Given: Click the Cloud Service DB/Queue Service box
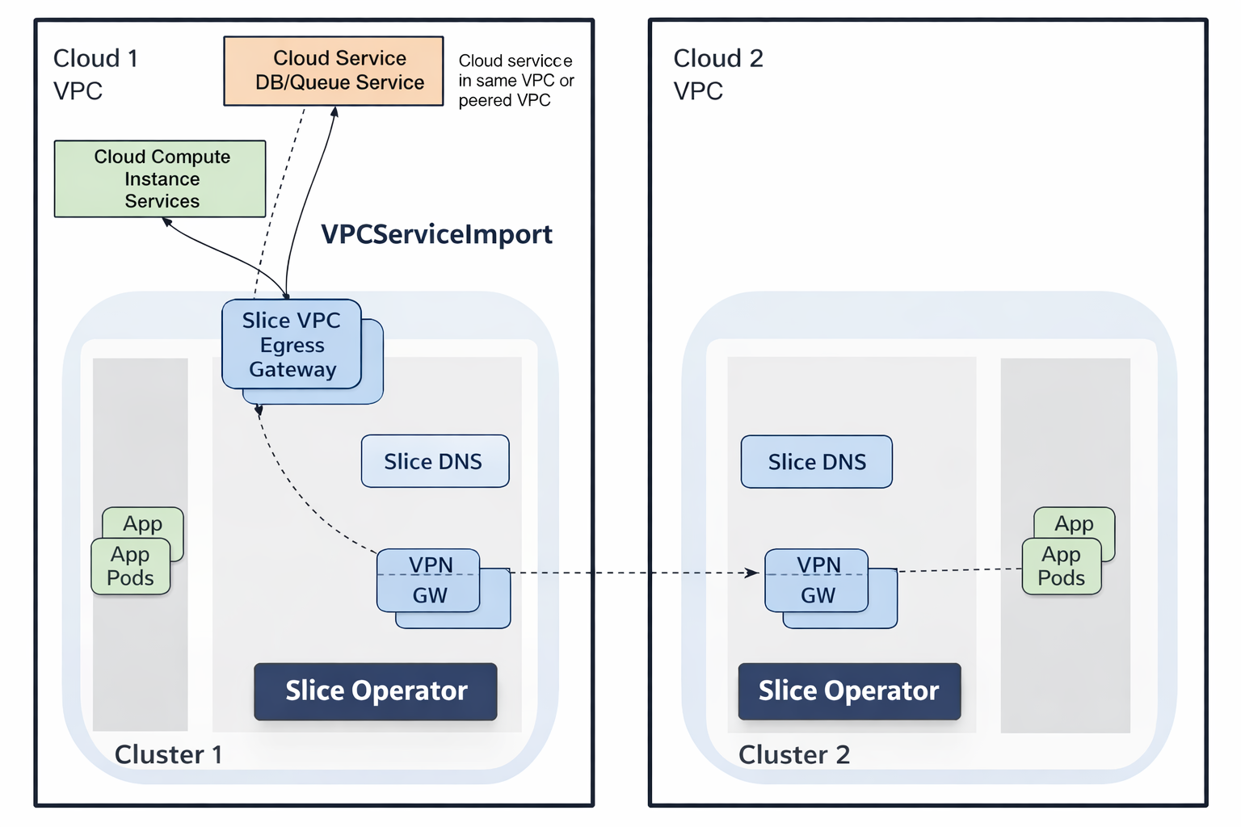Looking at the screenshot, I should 334,71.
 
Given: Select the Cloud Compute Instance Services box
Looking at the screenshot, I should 160,178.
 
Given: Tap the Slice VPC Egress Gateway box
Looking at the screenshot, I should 292,345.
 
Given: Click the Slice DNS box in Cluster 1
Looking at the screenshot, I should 435,461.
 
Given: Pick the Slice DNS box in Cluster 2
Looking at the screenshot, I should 816,462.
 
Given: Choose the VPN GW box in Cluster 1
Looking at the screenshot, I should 428,581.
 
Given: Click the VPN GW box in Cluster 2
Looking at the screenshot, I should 817,581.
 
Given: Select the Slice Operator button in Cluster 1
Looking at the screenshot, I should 376,691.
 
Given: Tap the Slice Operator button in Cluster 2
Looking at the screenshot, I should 849,691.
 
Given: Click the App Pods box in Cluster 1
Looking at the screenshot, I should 131,567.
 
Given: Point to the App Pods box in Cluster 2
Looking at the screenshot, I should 1062,567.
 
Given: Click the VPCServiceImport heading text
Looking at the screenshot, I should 436,234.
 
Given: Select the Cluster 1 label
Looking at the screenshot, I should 168,754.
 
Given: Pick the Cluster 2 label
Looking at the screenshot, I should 794,754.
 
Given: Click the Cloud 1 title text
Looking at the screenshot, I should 95,59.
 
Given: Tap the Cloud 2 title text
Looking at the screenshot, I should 718,59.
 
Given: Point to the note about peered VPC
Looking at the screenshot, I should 516,81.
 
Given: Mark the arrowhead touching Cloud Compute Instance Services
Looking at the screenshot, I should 167,222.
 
